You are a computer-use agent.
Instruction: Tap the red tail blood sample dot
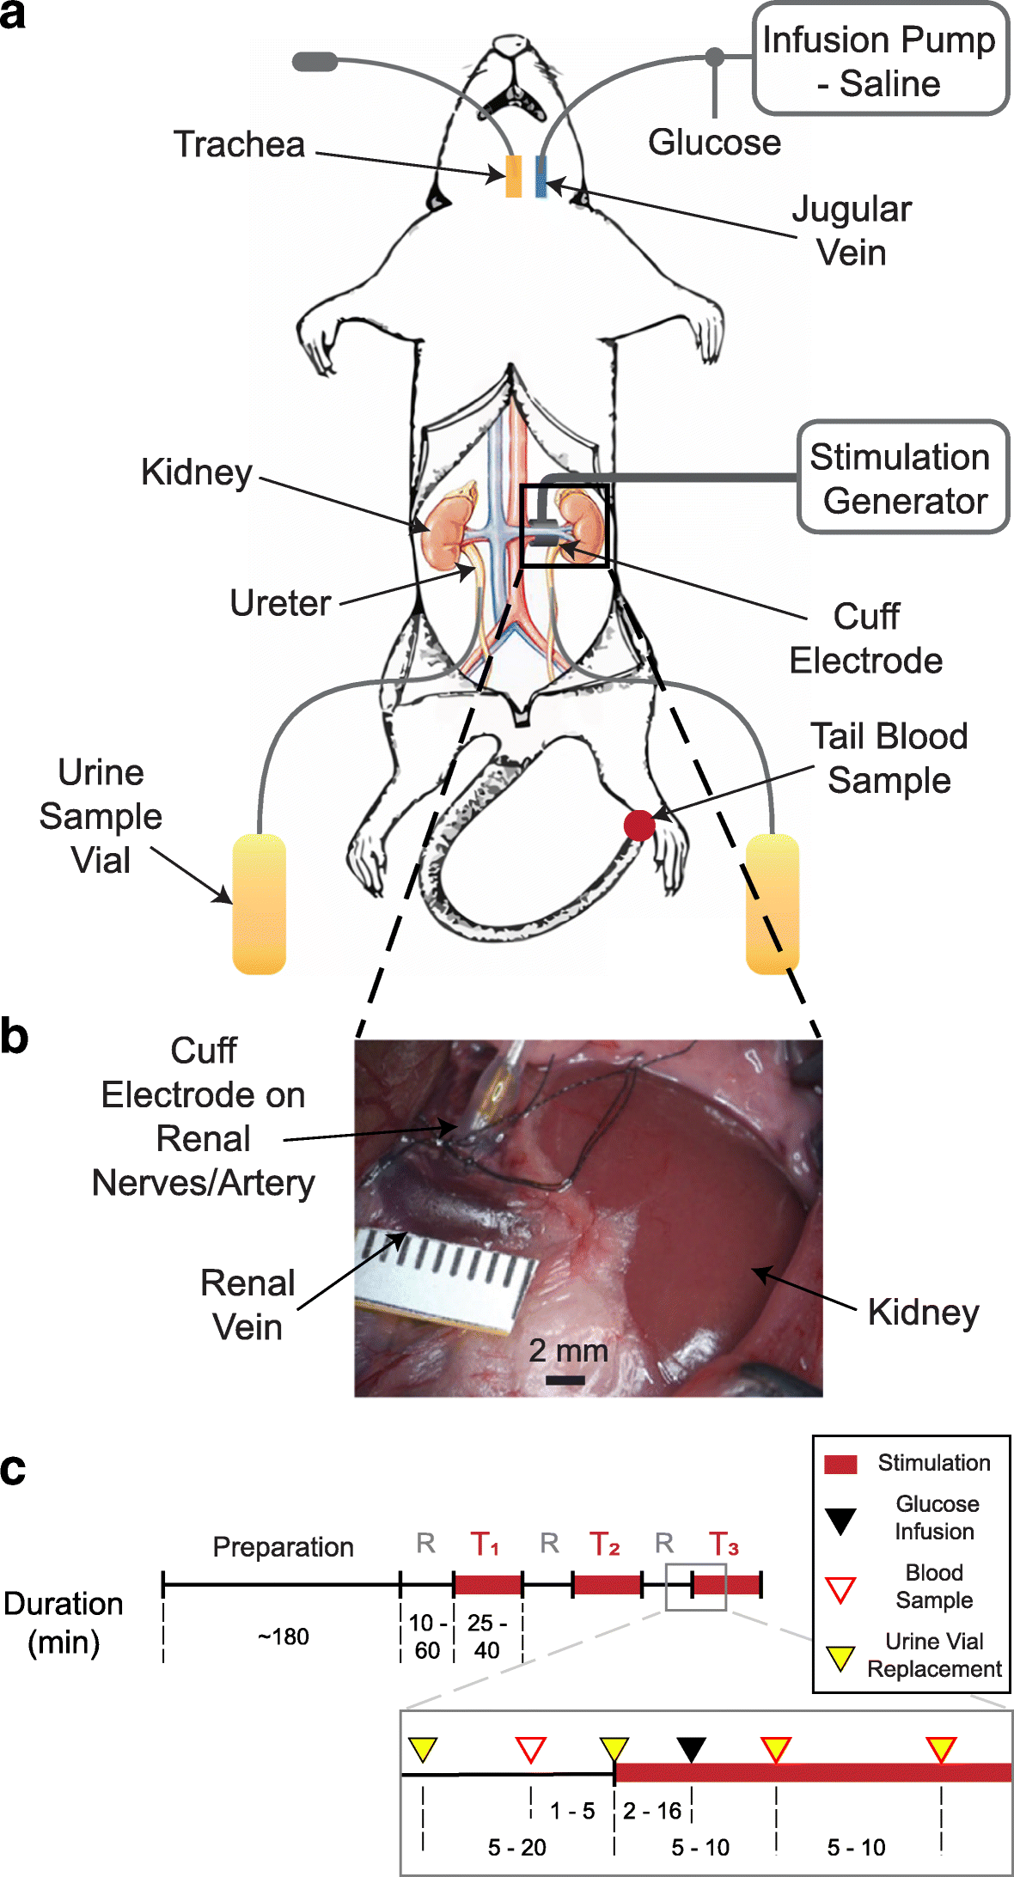click(638, 825)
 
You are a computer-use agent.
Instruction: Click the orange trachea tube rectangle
click(514, 176)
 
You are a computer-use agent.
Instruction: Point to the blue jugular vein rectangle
click(541, 176)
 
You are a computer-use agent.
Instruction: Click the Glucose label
click(714, 143)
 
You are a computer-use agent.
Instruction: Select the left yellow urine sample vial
click(259, 904)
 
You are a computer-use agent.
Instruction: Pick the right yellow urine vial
click(772, 904)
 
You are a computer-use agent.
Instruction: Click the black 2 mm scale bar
click(565, 1380)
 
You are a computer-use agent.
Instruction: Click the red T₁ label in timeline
click(485, 1544)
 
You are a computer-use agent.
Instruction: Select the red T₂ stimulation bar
click(607, 1584)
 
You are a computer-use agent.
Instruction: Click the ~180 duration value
click(283, 1636)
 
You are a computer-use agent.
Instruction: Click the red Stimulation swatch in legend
click(840, 1464)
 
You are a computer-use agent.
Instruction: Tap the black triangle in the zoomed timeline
click(691, 1747)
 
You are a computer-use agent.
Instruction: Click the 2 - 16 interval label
click(652, 1811)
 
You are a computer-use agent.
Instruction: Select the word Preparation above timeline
click(283, 1546)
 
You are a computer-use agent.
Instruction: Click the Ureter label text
click(280, 603)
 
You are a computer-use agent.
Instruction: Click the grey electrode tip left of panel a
click(315, 61)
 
